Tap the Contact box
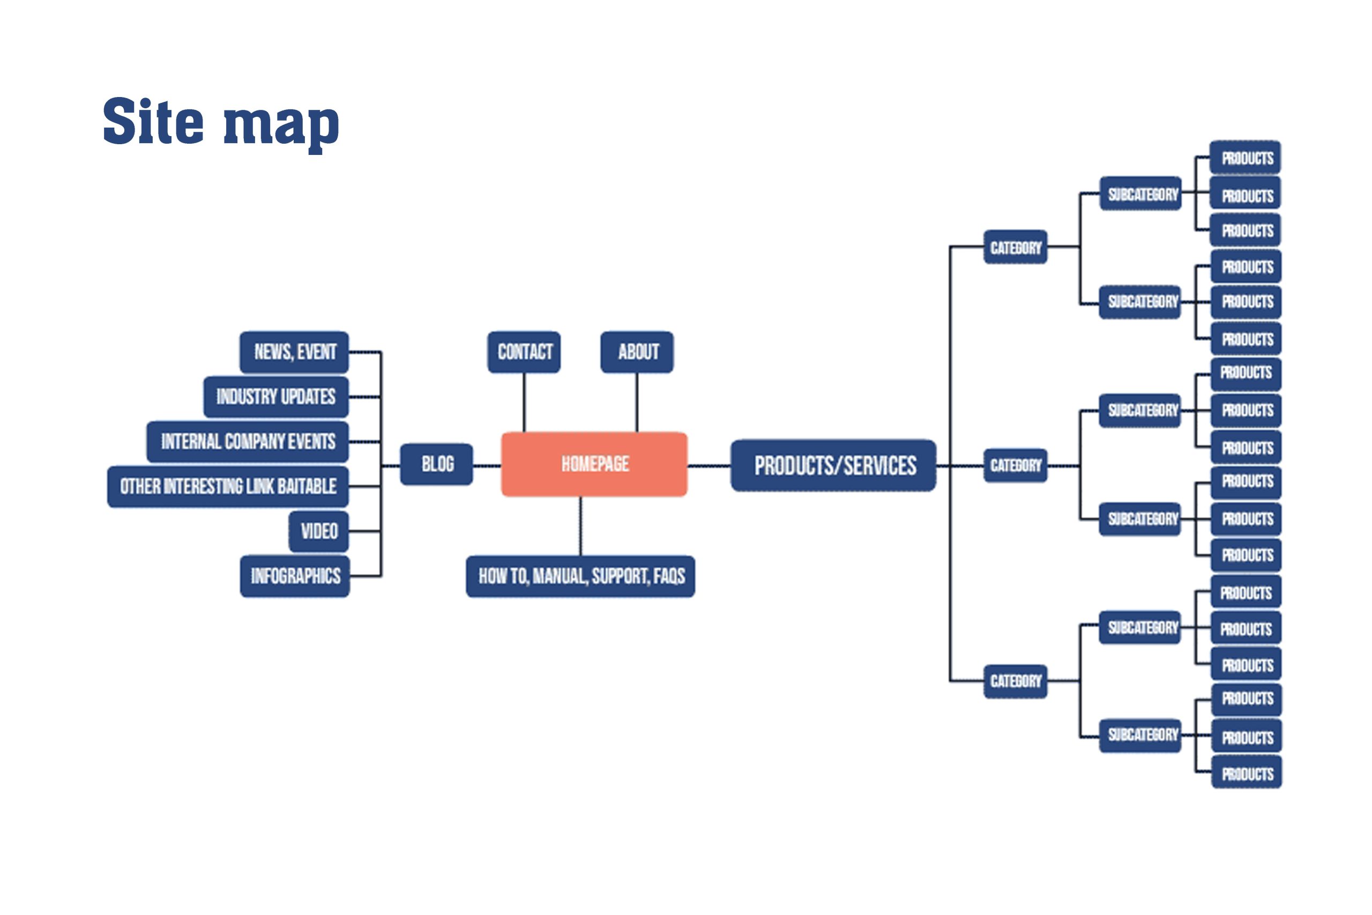click(x=524, y=352)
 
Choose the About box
click(x=637, y=352)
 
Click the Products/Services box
click(x=833, y=466)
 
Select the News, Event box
click(x=294, y=352)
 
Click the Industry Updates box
click(x=276, y=397)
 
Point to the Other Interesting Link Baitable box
click(x=228, y=486)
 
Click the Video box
click(x=318, y=531)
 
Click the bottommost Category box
click(x=1015, y=681)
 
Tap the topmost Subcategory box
click(x=1140, y=194)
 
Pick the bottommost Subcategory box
click(x=1140, y=735)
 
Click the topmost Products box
click(x=1246, y=158)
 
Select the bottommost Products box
click(x=1247, y=773)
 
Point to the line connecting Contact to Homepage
click(x=524, y=402)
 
